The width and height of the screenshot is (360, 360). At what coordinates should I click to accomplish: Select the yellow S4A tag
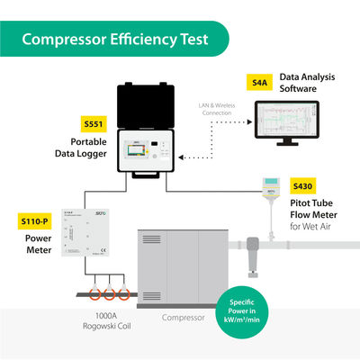pyautogui.click(x=260, y=83)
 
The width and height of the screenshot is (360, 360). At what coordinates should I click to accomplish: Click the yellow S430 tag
pyautogui.click(x=303, y=186)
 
